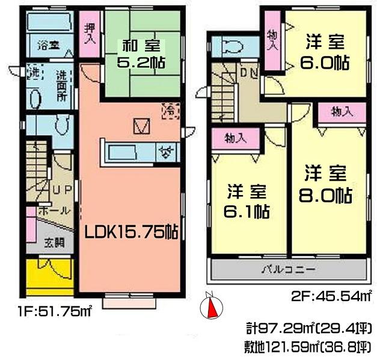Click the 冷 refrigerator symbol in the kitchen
pos(171,110)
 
